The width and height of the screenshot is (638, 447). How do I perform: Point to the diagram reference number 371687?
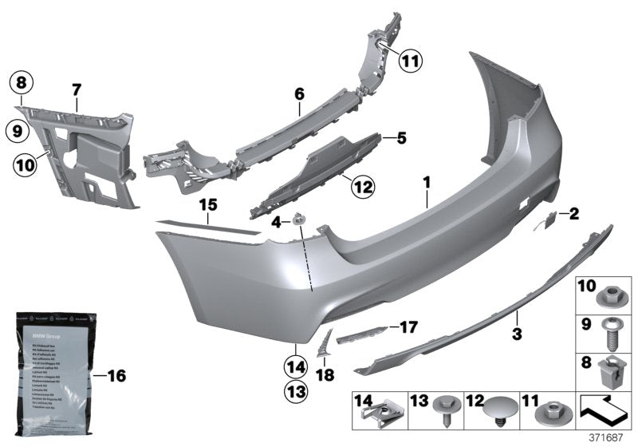[607, 437]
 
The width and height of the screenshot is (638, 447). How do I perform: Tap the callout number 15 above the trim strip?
[208, 206]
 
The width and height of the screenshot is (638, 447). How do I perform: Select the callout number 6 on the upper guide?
[300, 94]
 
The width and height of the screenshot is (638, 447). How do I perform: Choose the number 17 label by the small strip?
[408, 326]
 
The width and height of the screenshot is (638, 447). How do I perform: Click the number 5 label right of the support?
[400, 138]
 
